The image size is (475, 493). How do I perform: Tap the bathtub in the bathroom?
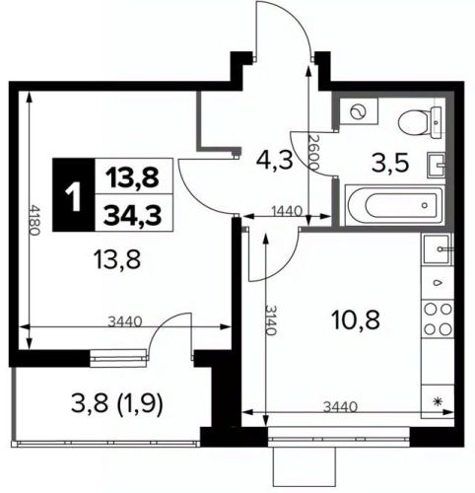click(x=394, y=205)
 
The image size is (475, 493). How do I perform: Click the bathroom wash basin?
click(x=436, y=166)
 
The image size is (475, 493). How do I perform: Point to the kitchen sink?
click(x=438, y=249)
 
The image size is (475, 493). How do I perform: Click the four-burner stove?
click(x=438, y=318)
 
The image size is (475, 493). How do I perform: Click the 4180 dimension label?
click(x=34, y=220)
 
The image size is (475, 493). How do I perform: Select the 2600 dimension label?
click(x=314, y=152)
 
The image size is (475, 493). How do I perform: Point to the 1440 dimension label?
click(x=287, y=211)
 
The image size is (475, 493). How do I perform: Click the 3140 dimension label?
click(x=272, y=320)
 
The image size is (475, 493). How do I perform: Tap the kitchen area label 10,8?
click(x=356, y=320)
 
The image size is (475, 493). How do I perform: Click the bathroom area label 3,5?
click(x=390, y=163)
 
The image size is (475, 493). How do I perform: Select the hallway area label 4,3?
click(x=275, y=161)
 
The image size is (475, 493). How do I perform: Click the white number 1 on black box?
click(x=74, y=195)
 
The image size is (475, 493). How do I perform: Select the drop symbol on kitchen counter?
click(x=438, y=282)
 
